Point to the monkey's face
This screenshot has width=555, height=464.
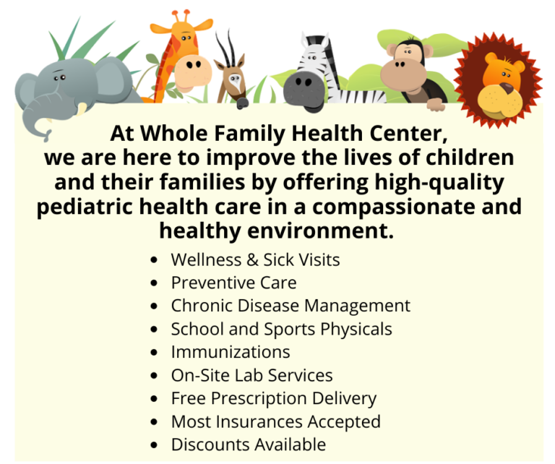406,68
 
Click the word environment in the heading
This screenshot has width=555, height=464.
304,231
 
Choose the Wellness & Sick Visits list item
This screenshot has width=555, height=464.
255,259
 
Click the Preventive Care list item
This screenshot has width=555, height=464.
233,283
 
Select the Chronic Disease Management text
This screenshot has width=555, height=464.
291,306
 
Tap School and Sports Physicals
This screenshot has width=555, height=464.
281,329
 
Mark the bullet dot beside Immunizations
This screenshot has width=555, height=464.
153,353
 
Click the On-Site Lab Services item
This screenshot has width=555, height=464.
251,375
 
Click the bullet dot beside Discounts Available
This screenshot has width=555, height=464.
153,445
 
